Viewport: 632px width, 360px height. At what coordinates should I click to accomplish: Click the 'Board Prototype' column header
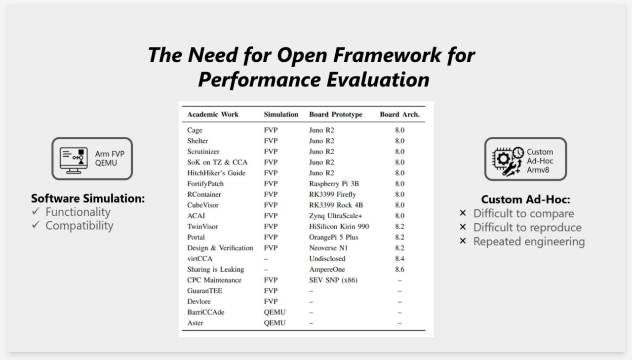click(335, 114)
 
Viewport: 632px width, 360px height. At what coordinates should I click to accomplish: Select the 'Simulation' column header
click(281, 114)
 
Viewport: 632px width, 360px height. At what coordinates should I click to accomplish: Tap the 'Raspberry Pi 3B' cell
click(334, 184)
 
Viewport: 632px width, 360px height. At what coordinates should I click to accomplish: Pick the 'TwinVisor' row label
click(202, 227)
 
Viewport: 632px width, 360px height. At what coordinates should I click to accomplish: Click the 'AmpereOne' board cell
click(327, 270)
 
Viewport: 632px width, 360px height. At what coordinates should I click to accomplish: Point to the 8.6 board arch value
click(399, 270)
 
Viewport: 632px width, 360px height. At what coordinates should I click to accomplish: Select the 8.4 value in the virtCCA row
click(399, 259)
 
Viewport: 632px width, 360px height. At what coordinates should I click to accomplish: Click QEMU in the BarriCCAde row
click(275, 312)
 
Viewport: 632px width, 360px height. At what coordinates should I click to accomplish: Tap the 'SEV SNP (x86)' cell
click(333, 280)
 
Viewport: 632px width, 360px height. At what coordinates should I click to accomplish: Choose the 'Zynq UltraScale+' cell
click(335, 216)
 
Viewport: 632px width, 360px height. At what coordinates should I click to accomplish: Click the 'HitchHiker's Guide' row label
click(216, 173)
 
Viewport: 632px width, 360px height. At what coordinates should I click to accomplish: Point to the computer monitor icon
click(74, 160)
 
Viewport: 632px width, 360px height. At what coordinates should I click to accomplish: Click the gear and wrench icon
click(508, 162)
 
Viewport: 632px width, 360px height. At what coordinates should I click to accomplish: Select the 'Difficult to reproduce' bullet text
click(527, 227)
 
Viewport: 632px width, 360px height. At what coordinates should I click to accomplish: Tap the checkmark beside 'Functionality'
click(36, 211)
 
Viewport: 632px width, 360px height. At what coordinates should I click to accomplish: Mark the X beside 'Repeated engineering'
click(463, 241)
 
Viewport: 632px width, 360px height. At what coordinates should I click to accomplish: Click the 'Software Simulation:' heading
click(88, 199)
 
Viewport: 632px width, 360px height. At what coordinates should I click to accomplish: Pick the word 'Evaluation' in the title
click(378, 80)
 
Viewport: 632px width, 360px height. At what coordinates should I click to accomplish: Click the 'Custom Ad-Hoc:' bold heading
click(525, 200)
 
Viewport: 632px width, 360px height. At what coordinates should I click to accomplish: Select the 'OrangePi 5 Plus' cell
click(333, 237)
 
